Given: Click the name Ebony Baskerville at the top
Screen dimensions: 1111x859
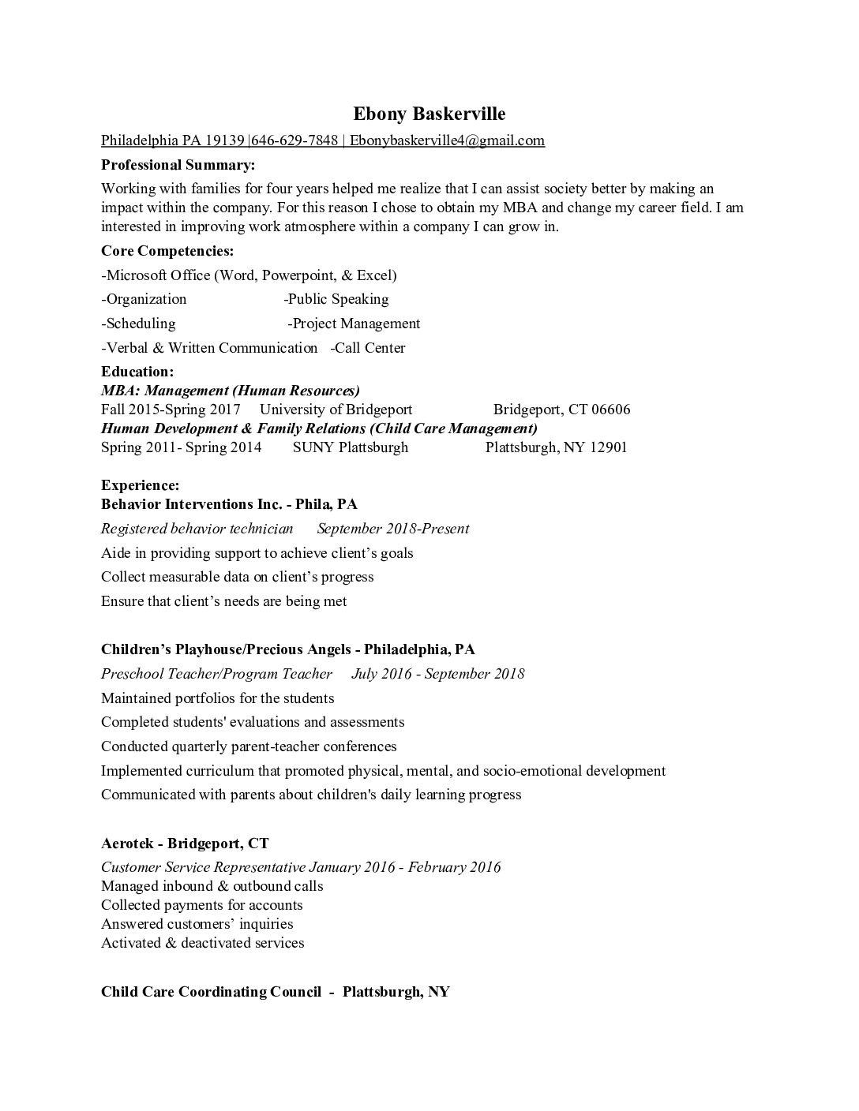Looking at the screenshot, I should [429, 114].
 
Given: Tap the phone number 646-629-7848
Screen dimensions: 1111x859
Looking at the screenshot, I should [294, 140].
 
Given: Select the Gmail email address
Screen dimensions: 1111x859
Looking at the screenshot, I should [447, 140].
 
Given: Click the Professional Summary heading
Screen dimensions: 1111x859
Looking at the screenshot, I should [178, 165].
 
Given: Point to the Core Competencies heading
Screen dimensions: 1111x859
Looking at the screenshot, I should [167, 251].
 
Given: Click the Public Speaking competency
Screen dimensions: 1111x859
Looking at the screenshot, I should [336, 299].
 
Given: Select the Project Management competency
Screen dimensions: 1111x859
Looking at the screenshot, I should [354, 324].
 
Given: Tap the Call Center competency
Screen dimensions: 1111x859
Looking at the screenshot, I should [368, 348].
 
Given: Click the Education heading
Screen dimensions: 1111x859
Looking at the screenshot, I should [137, 372].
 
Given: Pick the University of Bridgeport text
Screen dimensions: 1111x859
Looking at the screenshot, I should [336, 410].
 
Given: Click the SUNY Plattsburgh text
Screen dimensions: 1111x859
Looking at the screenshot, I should [351, 447].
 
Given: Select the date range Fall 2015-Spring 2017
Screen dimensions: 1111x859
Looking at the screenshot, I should [171, 410].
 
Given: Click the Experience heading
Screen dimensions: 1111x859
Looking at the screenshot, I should [140, 485].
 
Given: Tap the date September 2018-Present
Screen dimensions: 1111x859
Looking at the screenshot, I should [392, 529].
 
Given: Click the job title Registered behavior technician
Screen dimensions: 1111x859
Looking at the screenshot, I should [197, 529].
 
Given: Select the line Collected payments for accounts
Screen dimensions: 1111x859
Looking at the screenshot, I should [201, 905].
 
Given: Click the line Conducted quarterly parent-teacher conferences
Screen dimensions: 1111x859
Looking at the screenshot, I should [249, 746].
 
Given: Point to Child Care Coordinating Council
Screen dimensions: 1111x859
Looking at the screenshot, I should [211, 992].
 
